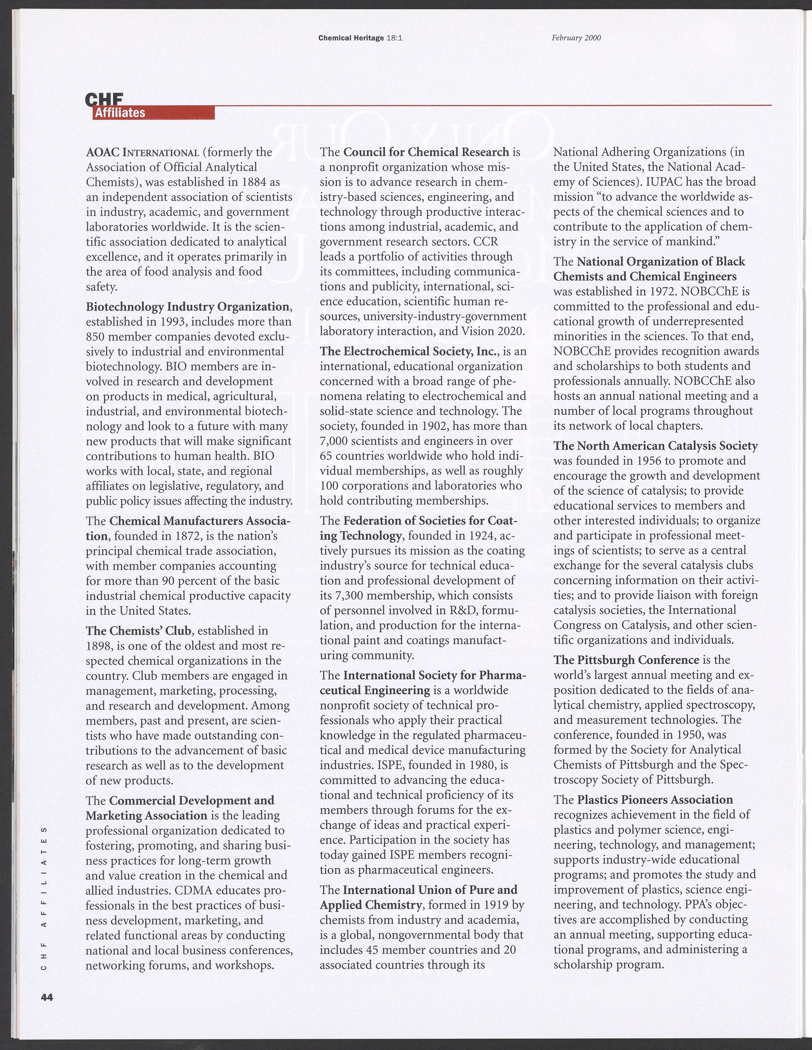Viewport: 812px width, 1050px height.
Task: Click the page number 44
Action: coord(47,997)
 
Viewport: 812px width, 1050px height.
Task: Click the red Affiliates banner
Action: coord(153,113)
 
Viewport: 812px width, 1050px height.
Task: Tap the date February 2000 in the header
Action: coord(576,37)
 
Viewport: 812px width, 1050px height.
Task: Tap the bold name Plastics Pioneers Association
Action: coord(655,799)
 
